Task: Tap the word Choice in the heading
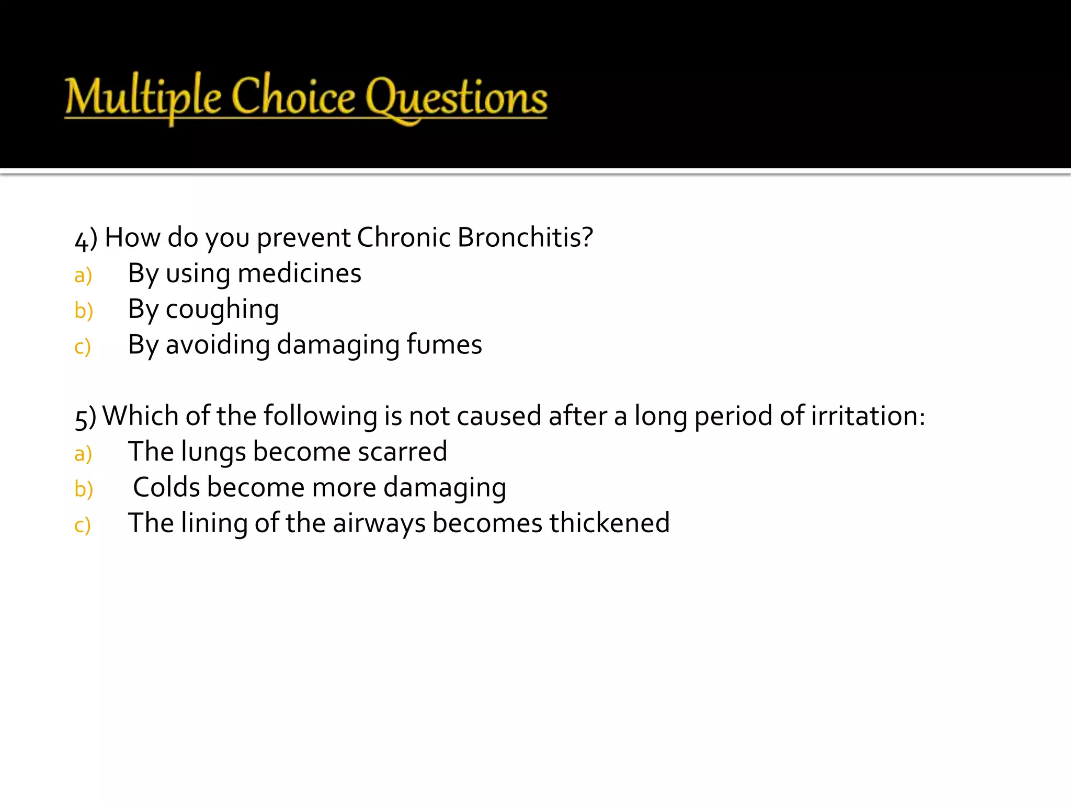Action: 293,97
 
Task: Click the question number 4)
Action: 86,239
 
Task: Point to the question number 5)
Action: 85,418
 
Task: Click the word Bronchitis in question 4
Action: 525,237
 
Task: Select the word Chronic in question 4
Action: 403,237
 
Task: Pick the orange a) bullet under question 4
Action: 83,276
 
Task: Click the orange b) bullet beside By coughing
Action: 84,311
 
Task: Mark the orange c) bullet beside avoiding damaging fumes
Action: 83,347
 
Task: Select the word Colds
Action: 166,487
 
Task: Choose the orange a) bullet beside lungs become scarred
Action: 83,454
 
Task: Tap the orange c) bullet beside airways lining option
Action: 83,525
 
